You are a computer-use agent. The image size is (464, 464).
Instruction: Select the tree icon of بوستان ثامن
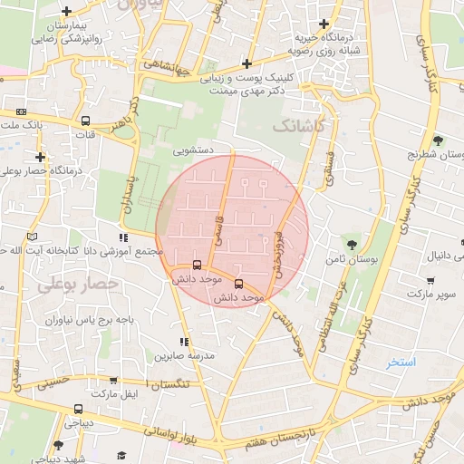click(352, 244)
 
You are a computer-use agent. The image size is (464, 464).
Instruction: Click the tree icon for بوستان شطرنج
click(439, 140)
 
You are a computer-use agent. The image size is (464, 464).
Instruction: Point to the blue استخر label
click(401, 362)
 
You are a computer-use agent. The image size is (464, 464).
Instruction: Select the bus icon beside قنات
click(85, 121)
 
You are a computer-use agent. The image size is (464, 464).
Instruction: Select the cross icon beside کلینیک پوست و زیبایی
click(246, 63)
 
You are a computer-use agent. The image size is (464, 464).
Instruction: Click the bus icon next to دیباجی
click(79, 409)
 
